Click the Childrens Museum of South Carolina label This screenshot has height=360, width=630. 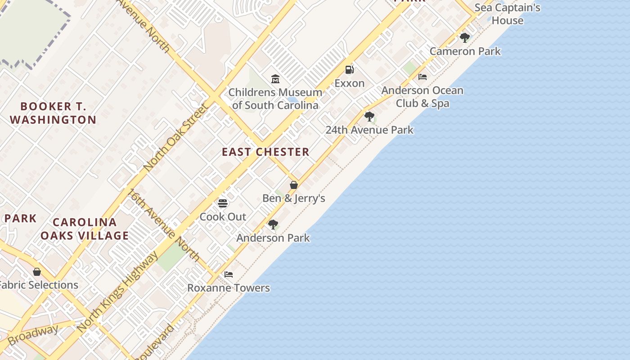[x=275, y=99]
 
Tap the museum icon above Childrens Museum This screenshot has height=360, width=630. [x=275, y=79]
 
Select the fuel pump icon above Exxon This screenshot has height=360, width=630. [x=349, y=70]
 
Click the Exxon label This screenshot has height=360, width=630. [x=349, y=83]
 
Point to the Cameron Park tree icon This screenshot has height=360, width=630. [x=465, y=38]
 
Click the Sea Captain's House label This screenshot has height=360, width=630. [x=507, y=14]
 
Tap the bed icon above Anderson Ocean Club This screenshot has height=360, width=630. [x=423, y=77]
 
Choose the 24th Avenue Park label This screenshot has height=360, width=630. [x=369, y=130]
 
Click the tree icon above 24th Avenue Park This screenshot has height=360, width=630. [x=369, y=117]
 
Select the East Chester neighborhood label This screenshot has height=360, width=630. [x=265, y=152]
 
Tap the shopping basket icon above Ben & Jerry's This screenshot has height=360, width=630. [x=294, y=185]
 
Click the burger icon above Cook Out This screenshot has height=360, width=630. [x=223, y=203]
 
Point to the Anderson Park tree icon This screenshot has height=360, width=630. [x=273, y=225]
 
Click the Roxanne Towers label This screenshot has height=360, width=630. [x=229, y=288]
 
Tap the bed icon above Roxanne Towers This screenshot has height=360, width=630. [x=229, y=274]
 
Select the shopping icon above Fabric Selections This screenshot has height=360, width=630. [x=37, y=272]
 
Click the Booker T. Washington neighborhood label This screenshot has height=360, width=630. [x=53, y=113]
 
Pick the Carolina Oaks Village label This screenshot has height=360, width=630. [x=85, y=229]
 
